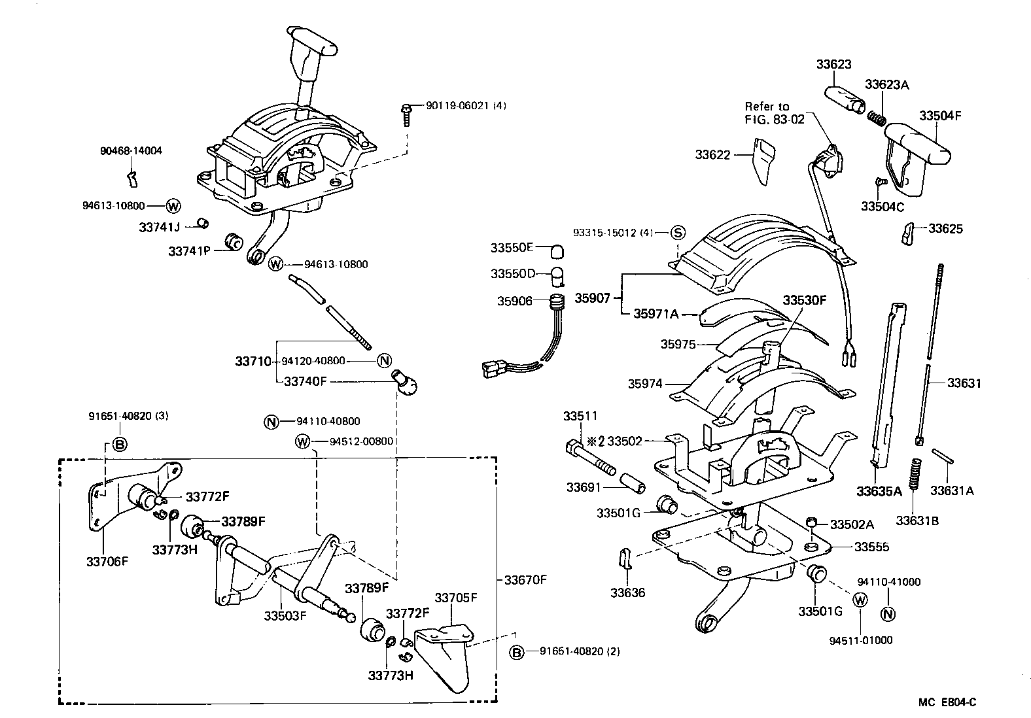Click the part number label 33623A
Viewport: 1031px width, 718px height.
[886, 85]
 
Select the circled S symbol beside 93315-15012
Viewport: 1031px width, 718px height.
[678, 233]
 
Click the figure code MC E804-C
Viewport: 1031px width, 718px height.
[947, 702]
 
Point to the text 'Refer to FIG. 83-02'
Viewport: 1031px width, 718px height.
[767, 112]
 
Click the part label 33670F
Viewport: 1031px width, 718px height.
[525, 579]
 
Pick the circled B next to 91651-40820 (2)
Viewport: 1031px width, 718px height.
[517, 652]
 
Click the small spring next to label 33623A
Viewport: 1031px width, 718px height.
[877, 118]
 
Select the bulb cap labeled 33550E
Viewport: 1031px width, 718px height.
[557, 250]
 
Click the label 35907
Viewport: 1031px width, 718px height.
[593, 298]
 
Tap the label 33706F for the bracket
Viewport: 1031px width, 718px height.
[107, 560]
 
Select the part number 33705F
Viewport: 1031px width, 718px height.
[456, 597]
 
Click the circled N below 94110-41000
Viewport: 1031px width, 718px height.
[888, 614]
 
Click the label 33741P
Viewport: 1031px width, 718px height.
[188, 251]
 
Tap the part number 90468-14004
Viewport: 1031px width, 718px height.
[131, 151]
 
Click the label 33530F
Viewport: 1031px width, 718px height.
[805, 300]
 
